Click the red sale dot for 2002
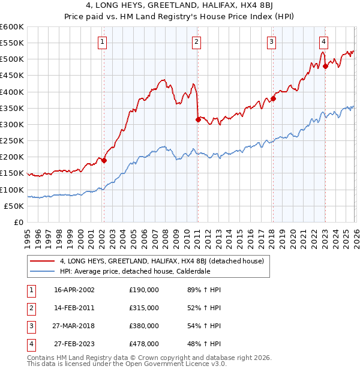point(104,160)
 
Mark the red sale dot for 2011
point(197,119)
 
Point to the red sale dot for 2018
point(272,98)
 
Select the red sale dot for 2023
point(325,67)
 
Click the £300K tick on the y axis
point(12,124)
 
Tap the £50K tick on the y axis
point(14,206)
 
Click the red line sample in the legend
point(43,261)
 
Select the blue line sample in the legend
point(43,271)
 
